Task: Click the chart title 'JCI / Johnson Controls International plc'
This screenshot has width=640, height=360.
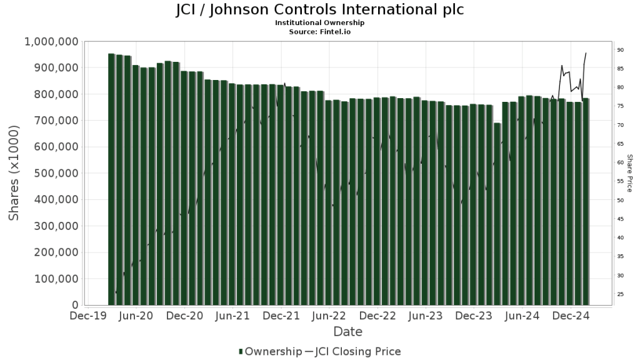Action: (319, 11)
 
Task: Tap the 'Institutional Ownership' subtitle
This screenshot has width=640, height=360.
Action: (319, 22)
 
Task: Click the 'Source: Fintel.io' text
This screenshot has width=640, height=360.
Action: (319, 31)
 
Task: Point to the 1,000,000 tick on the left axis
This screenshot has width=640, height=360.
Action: (51, 42)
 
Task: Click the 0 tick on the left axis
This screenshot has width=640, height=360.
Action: (73, 306)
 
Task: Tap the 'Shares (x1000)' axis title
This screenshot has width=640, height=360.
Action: (14, 173)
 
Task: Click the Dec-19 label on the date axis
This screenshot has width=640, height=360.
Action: (87, 317)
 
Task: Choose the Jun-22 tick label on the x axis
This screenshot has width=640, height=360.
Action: (329, 317)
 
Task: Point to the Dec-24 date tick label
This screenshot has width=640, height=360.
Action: (570, 317)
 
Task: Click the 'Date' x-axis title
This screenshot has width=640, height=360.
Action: (347, 332)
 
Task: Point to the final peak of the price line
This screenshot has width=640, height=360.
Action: (586, 52)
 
